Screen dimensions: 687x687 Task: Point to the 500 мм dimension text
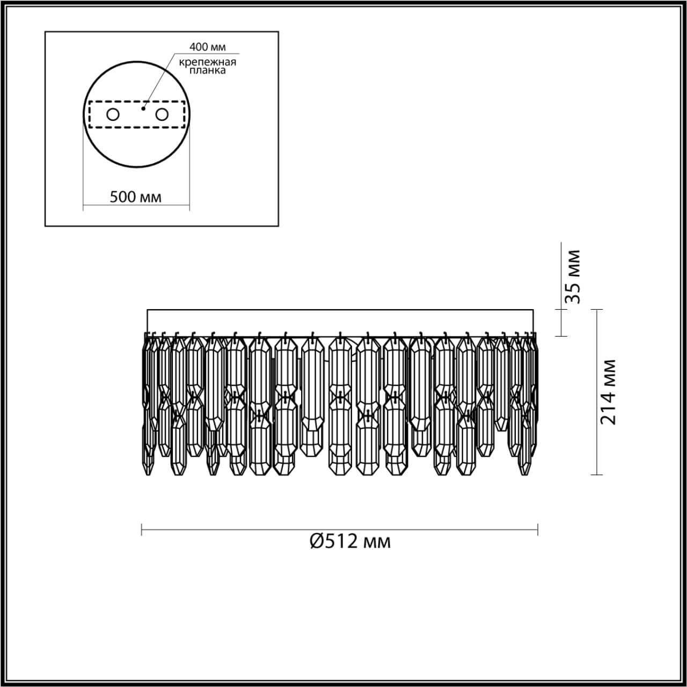[x=135, y=197]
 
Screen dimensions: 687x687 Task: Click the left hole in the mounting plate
[x=113, y=114]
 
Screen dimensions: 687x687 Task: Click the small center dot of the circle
[x=143, y=108]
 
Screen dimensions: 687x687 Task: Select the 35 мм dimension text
[x=574, y=276]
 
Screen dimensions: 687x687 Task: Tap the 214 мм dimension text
[x=608, y=392]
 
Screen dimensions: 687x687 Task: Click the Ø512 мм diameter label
[x=350, y=541]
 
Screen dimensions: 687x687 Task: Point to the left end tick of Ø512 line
[x=142, y=530]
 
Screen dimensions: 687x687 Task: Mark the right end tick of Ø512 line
[x=538, y=530]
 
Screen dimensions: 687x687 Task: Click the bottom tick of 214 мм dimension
[x=596, y=474]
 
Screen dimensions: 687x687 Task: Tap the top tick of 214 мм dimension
[x=596, y=309]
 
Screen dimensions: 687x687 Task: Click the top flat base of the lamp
[x=340, y=310]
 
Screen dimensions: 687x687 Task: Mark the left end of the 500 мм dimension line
[x=83, y=205]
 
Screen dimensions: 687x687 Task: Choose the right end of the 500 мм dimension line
[x=189, y=205]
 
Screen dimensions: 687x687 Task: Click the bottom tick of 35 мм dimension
[x=561, y=336]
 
